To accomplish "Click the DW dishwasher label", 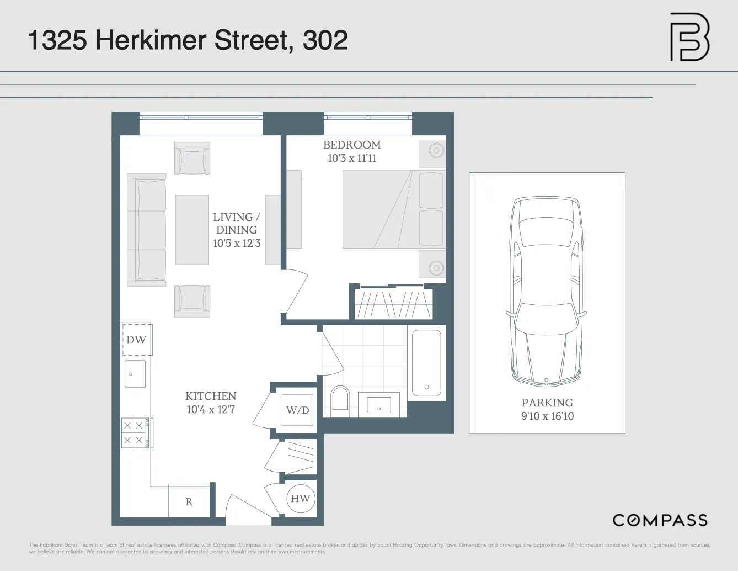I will [136, 340].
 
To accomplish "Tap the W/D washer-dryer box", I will [297, 410].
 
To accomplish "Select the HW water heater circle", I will [300, 499].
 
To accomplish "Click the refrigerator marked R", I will [189, 501].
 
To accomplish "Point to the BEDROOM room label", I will [352, 145].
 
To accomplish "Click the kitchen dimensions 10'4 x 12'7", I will [211, 410].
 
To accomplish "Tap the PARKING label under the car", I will [547, 403].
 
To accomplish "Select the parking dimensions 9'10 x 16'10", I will [547, 416].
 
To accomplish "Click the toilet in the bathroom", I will [340, 398].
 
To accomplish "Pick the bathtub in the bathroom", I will [426, 363].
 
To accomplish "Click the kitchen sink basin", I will [135, 374].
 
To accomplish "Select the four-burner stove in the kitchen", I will [133, 433].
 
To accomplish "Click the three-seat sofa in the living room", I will [146, 230].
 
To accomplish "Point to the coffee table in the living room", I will [192, 230].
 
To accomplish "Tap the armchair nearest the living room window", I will [192, 158].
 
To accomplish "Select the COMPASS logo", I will [660, 520].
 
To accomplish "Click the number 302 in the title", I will [325, 40].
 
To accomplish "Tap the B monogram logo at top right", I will [689, 37].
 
